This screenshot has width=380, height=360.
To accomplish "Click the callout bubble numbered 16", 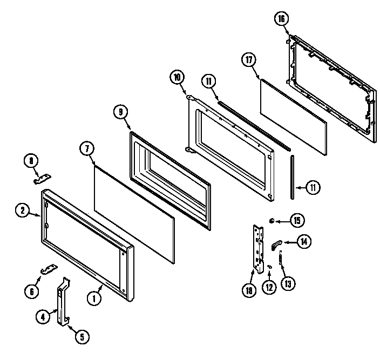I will coord(280,19).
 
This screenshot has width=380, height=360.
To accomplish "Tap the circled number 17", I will coord(249,60).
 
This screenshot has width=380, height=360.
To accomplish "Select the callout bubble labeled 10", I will coord(177,77).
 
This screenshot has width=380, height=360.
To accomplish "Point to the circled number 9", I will coord(120,112).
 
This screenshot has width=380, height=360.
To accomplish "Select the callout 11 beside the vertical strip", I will coord(313,188).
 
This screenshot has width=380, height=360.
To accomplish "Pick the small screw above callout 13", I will coord(281,261).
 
